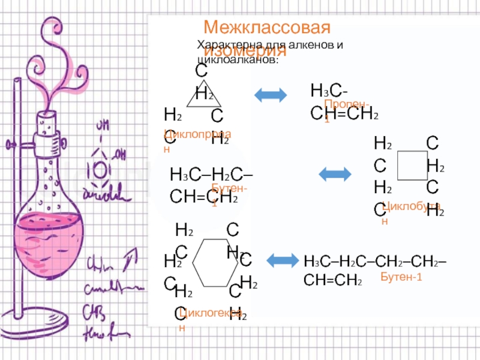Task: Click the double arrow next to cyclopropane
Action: coord(271,95)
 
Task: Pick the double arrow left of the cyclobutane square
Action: coord(334,175)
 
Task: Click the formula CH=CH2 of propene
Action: coord(344,113)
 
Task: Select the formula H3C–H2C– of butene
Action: coord(211,175)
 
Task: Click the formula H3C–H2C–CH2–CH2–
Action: coord(379,262)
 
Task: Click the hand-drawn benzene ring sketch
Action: coord(100,167)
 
